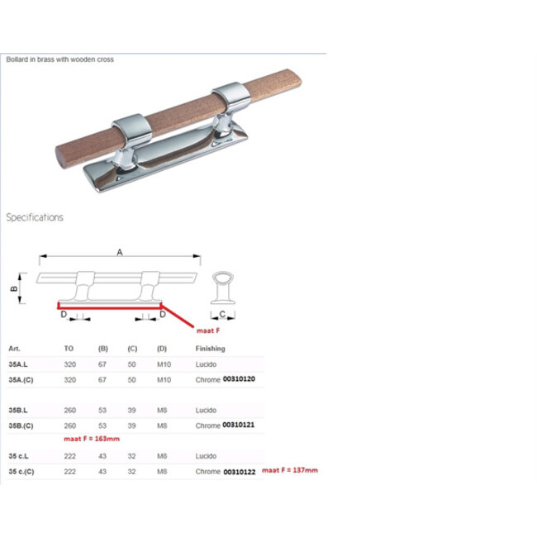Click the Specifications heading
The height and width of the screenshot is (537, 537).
pyautogui.click(x=35, y=217)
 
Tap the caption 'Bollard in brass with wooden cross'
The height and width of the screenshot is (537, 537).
pyautogui.click(x=60, y=59)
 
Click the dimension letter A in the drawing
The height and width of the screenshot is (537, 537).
pyautogui.click(x=120, y=253)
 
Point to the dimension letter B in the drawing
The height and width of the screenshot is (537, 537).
pyautogui.click(x=14, y=288)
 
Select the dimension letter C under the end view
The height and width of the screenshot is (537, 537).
pyautogui.click(x=222, y=314)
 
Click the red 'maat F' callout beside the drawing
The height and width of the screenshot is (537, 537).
pyautogui.click(x=208, y=330)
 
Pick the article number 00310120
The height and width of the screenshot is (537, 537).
pyautogui.click(x=239, y=378)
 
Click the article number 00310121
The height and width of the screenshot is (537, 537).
pyautogui.click(x=239, y=425)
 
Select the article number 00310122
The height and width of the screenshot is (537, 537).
pyautogui.click(x=240, y=472)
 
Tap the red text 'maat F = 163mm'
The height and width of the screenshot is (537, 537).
pyautogui.click(x=92, y=439)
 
